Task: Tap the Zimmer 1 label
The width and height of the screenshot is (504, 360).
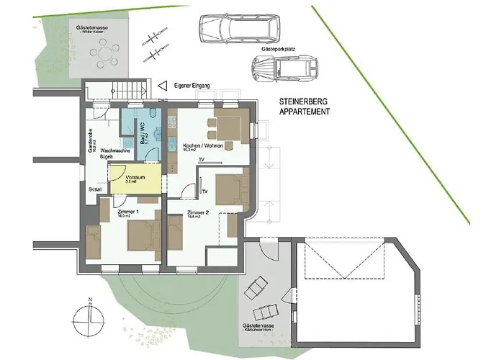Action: [127, 212]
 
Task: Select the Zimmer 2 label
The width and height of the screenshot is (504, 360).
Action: [197, 212]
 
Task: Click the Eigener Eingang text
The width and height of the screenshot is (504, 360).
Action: [192, 86]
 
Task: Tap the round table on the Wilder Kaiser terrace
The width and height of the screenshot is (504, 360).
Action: [107, 53]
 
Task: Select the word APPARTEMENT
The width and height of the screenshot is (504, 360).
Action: [305, 113]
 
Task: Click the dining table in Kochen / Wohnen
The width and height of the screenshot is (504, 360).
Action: [230, 129]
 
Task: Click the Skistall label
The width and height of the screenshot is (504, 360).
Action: [95, 189]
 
